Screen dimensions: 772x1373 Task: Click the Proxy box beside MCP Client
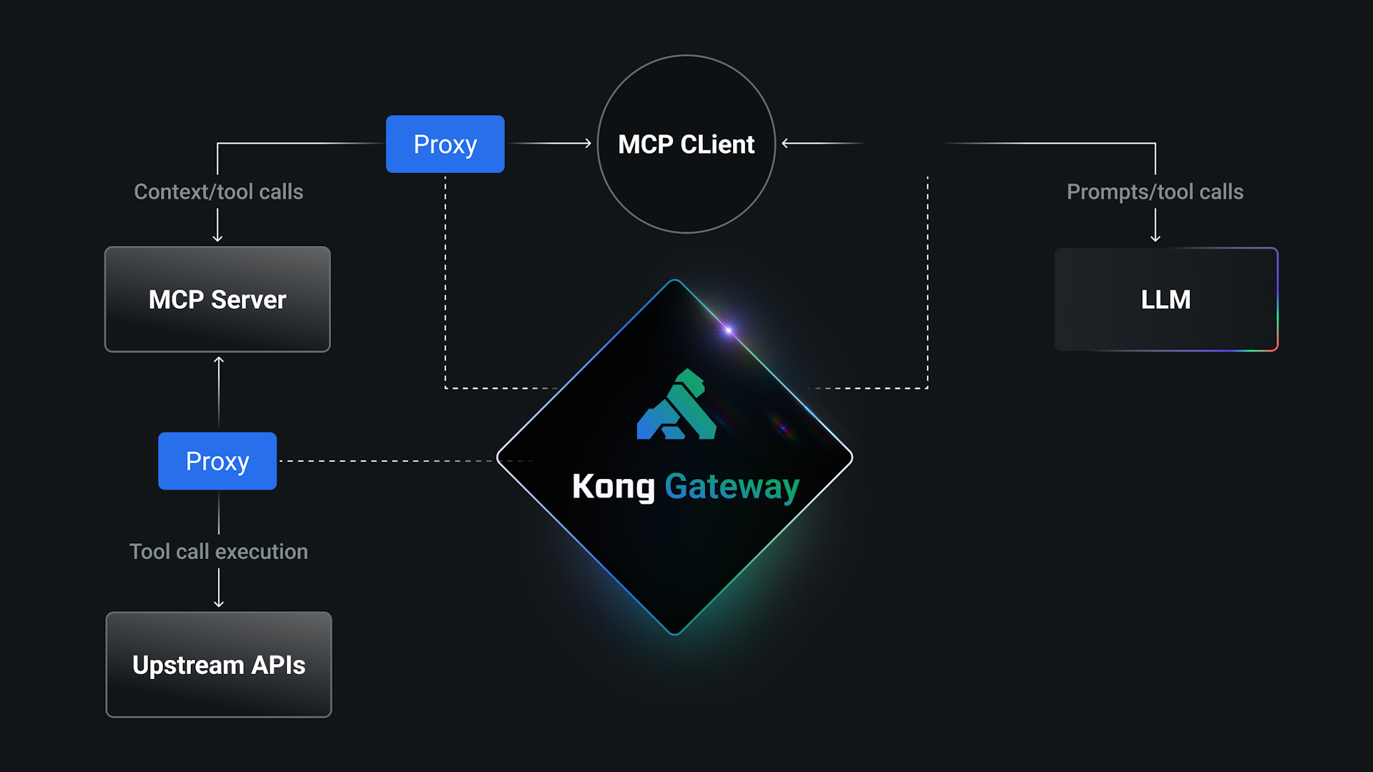click(445, 144)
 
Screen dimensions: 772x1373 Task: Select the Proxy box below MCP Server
click(217, 461)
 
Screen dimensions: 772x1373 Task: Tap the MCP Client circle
click(686, 144)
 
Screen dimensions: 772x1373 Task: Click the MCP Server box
click(217, 300)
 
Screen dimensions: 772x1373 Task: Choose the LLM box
click(1166, 300)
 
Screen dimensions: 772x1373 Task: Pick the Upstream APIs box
click(219, 665)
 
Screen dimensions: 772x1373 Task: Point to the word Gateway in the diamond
click(732, 487)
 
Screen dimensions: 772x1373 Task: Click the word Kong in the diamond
click(613, 487)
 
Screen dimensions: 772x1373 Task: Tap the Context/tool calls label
click(218, 192)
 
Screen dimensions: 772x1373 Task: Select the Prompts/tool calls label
click(1155, 192)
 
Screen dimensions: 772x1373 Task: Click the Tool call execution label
click(218, 551)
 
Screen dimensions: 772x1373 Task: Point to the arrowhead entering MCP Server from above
click(217, 238)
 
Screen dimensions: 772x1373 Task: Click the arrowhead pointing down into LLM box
click(1155, 238)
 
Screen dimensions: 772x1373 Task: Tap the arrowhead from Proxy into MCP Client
click(588, 144)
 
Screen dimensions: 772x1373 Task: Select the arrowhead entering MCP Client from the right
click(786, 144)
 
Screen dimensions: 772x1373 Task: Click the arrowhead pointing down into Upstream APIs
click(219, 603)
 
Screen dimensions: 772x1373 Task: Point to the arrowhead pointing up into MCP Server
click(219, 361)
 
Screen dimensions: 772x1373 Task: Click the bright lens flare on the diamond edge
click(729, 330)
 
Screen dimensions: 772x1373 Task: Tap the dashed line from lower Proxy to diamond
click(386, 461)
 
